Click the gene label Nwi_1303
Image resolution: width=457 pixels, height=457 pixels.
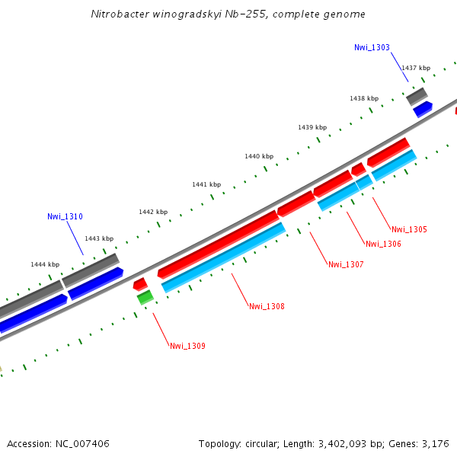click(372, 47)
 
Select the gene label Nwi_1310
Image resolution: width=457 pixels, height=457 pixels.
click(65, 216)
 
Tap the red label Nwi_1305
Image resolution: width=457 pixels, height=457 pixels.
click(409, 229)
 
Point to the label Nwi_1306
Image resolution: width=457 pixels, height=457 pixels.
click(383, 244)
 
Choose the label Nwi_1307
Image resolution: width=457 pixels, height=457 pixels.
click(346, 264)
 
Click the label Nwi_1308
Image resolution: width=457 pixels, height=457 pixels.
click(267, 306)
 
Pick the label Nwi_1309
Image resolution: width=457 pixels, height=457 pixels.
click(187, 346)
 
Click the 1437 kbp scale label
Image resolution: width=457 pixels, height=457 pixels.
click(416, 68)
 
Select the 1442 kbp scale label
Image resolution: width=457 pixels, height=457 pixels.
click(153, 212)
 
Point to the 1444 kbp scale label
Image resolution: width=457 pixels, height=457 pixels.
click(45, 264)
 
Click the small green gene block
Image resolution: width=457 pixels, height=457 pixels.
click(145, 298)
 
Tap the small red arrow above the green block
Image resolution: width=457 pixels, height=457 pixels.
click(140, 284)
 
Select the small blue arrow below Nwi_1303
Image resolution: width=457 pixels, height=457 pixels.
click(423, 109)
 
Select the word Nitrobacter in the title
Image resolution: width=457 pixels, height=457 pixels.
click(114, 14)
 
